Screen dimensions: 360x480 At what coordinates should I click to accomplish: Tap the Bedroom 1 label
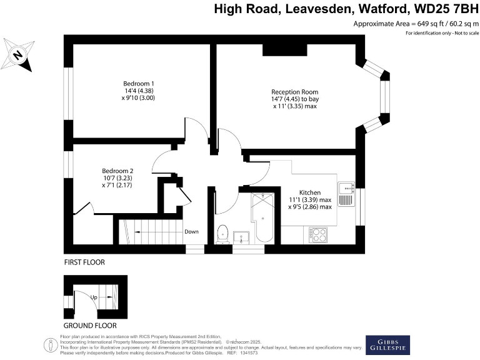(x=139, y=84)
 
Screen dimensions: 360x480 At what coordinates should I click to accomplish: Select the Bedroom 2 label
(x=118, y=171)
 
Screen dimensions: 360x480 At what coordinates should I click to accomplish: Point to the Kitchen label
(x=310, y=192)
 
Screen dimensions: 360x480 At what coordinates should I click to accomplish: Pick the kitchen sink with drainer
(x=346, y=194)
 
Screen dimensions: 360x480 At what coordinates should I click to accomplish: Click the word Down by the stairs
(x=191, y=232)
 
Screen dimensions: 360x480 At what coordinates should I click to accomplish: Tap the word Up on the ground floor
(x=94, y=297)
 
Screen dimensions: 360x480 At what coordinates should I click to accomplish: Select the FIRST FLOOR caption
(x=84, y=262)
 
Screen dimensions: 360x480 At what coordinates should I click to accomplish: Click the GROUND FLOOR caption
(x=90, y=326)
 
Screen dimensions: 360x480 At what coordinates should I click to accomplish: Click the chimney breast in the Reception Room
(x=285, y=50)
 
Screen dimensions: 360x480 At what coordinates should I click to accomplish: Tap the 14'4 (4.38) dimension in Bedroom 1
(x=139, y=91)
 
